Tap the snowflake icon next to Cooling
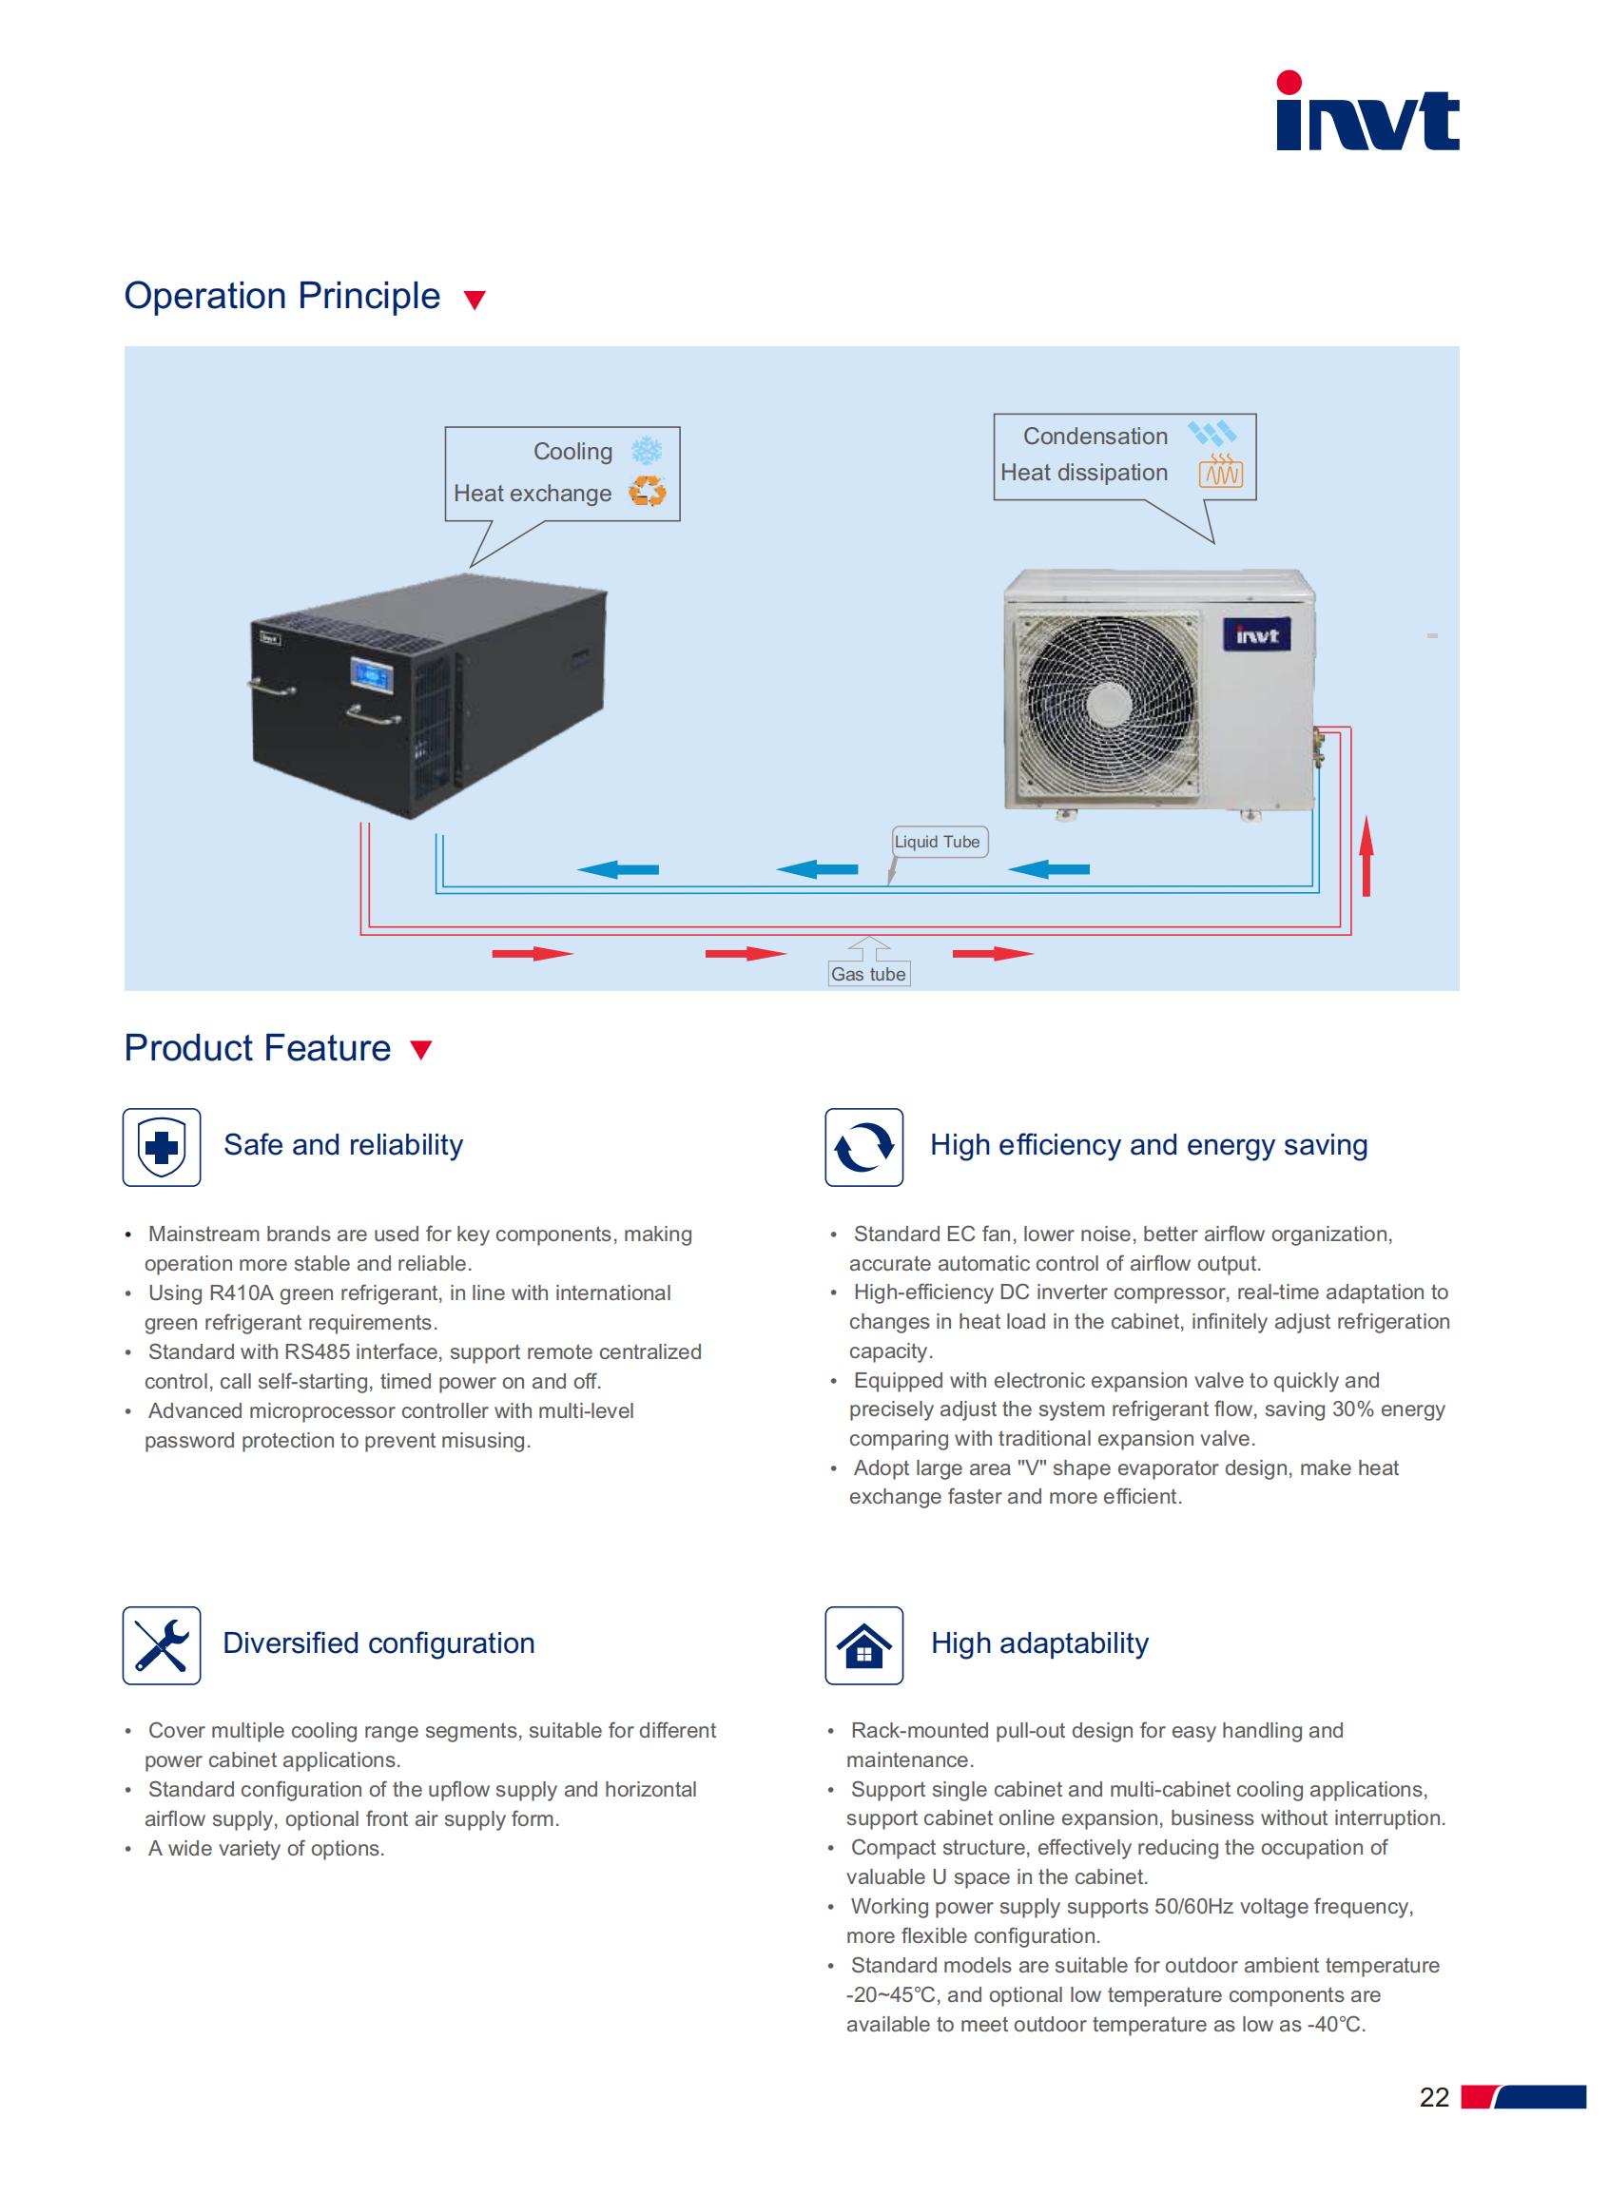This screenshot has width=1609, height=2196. [647, 451]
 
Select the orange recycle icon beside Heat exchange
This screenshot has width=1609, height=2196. [647, 491]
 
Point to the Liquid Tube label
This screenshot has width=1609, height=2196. [937, 842]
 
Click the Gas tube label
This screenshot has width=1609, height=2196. [868, 974]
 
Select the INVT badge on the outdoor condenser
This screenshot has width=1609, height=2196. [1256, 635]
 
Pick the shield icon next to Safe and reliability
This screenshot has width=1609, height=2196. [162, 1147]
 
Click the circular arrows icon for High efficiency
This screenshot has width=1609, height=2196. [863, 1147]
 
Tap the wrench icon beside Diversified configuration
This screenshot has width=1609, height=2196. [162, 1644]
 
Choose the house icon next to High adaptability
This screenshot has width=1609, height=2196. [863, 1644]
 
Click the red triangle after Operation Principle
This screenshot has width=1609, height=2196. [475, 299]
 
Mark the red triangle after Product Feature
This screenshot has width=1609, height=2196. [420, 1049]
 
